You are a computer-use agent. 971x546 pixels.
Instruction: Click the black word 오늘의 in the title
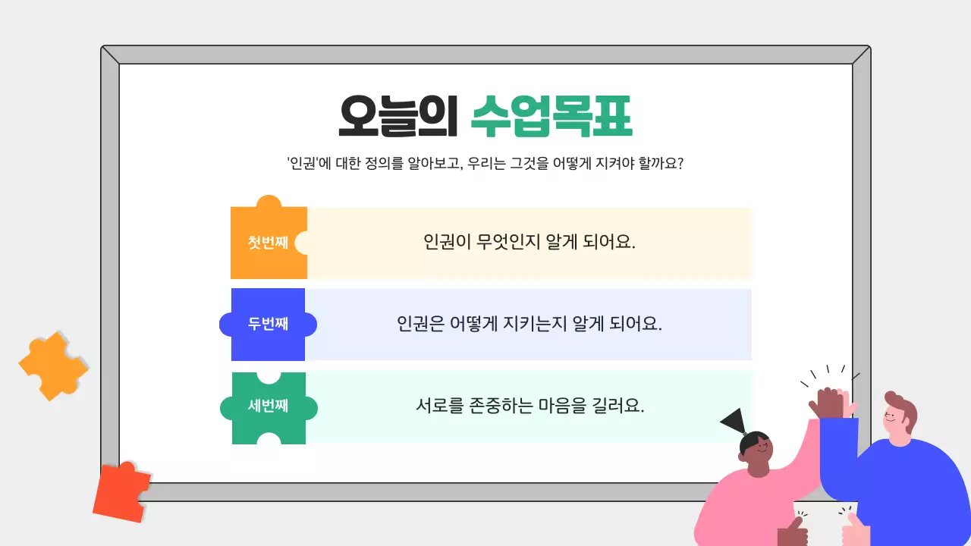(398, 116)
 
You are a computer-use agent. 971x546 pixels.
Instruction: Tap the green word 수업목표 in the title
(551, 116)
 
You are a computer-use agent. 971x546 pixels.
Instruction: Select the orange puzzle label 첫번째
(268, 243)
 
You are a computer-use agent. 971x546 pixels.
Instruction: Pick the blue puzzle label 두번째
(268, 324)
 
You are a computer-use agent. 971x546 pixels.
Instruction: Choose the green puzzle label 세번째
(268, 406)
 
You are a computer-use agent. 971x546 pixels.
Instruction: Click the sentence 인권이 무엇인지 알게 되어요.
(529, 243)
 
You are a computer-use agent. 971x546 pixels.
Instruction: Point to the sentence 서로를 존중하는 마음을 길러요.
(529, 406)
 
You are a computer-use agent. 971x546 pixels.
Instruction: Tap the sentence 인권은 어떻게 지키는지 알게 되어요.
(529, 324)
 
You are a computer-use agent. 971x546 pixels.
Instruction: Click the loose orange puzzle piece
(53, 365)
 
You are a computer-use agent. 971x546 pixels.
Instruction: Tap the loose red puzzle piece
(121, 491)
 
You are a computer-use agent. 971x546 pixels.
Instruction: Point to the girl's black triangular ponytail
(734, 421)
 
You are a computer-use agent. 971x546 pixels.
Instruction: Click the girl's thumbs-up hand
(792, 531)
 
